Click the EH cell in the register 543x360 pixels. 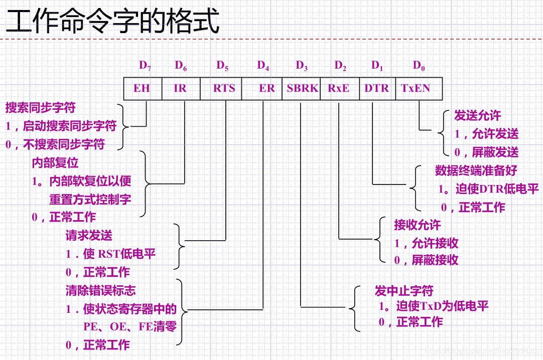142,88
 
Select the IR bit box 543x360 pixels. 180,88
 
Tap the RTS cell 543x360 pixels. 224,88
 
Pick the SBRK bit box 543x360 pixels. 302,88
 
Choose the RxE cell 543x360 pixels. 339,88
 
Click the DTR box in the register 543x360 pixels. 376,88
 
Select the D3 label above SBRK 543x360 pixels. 302,65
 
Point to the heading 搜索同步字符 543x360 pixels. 41,108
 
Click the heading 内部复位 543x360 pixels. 55,163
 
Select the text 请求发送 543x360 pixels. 89,235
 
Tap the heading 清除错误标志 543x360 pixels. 100,290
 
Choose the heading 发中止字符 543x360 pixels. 404,291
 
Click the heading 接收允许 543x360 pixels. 418,225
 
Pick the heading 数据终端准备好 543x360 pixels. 476,170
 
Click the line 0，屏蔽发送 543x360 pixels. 486,152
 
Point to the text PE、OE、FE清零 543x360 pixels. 129,327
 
